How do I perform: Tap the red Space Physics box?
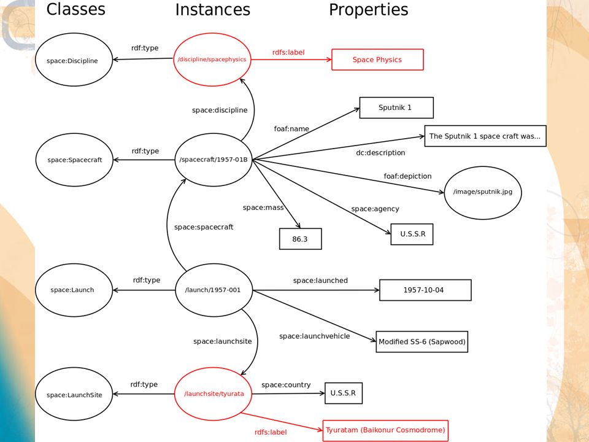377,60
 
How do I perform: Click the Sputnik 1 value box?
396,107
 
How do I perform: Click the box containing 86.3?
301,239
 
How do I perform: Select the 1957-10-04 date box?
425,290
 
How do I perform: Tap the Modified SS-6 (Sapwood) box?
422,342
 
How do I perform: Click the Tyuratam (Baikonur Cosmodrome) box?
385,430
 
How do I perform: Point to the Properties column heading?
369,9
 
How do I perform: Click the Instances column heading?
213,9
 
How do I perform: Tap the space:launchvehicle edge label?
314,336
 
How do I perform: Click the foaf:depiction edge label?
407,176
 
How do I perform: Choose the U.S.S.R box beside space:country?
344,393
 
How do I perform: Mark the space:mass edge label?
263,207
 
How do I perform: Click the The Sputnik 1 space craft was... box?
485,136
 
